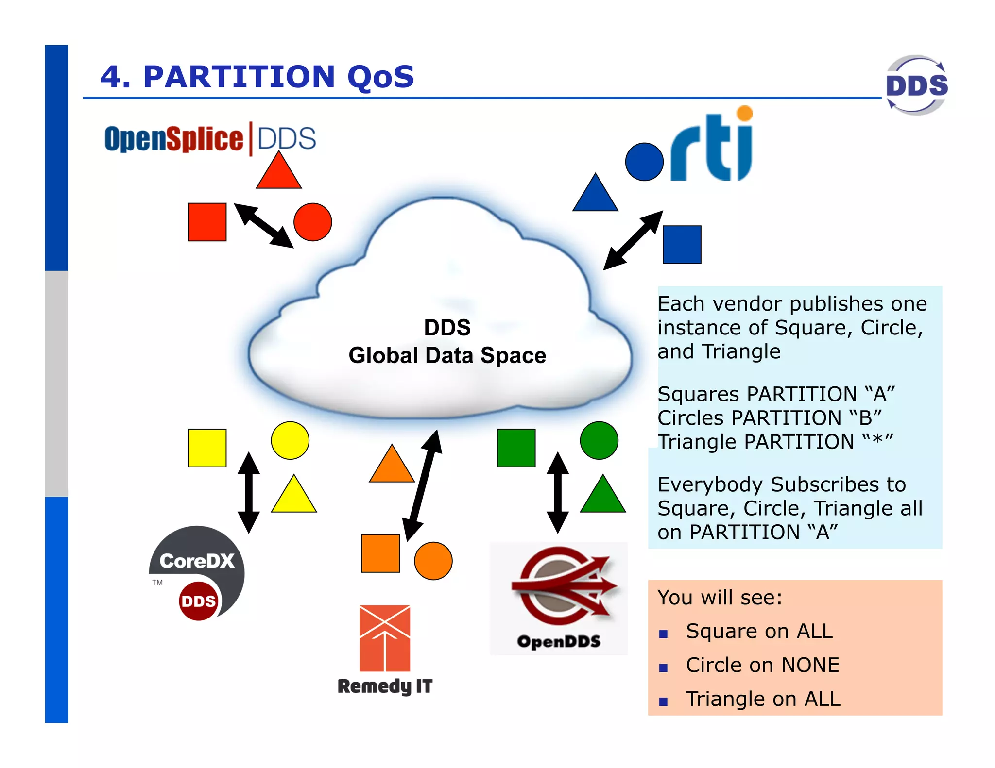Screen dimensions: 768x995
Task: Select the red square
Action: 207,222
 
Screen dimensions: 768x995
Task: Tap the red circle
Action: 312,222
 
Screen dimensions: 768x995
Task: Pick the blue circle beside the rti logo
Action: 644,162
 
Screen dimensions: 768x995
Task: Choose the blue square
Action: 682,244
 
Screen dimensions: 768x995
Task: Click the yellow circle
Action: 290,440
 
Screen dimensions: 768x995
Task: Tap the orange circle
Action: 433,561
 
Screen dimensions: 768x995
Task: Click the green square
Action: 516,448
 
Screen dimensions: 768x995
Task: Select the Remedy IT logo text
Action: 385,686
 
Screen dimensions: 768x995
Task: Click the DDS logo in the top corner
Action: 917,85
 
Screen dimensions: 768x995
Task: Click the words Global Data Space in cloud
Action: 447,355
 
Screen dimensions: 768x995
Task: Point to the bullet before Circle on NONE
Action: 663,668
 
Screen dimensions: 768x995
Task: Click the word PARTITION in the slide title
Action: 239,77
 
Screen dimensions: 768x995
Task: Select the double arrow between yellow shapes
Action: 249,492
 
